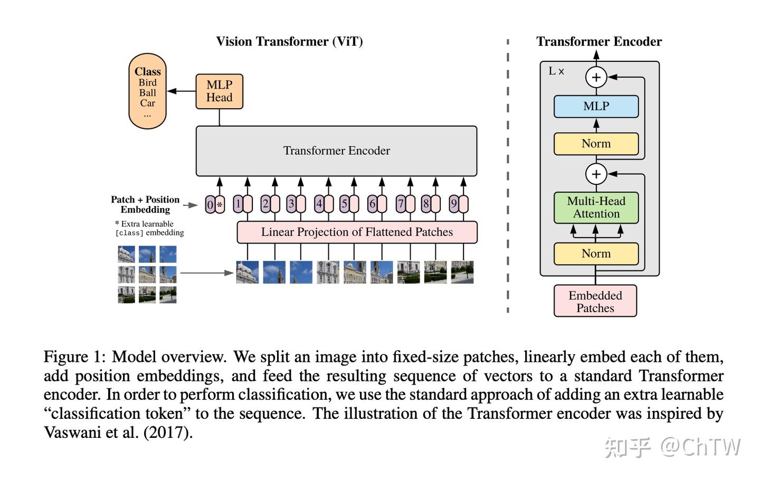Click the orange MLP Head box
[x=219, y=91]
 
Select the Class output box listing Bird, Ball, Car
[x=147, y=91]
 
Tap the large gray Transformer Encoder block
[x=336, y=151]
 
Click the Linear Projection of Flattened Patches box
[x=357, y=232]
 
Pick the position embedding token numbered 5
[x=344, y=204]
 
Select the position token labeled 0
[x=210, y=204]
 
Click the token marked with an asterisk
[x=220, y=204]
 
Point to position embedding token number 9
[x=453, y=204]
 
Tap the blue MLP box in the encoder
[x=596, y=107]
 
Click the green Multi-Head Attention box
[x=596, y=208]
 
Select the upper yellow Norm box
[x=596, y=144]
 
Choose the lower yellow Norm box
[x=596, y=254]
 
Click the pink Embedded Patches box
[x=595, y=302]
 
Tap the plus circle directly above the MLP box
[x=596, y=78]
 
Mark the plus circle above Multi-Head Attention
[x=596, y=174]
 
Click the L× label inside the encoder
[x=556, y=71]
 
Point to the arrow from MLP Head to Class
[x=181, y=91]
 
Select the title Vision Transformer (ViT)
[x=289, y=42]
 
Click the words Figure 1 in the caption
[x=74, y=357]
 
